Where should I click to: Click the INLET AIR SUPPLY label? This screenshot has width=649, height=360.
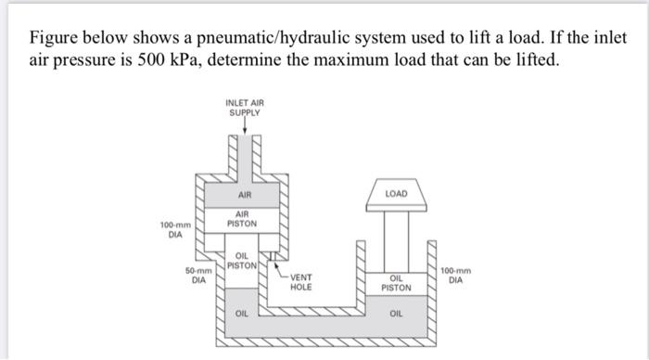pos(244,107)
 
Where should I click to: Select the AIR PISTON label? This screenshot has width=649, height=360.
pos(244,220)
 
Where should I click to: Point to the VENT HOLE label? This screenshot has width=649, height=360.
pos(301,282)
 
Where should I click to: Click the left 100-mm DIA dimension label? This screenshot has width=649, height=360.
pos(176,229)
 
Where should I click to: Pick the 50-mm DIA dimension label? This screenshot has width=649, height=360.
pos(198,275)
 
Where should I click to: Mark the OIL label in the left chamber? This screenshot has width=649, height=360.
pos(242,314)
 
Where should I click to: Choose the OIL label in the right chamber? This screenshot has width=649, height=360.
pos(396,314)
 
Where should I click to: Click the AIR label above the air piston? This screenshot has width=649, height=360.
pos(244,196)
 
